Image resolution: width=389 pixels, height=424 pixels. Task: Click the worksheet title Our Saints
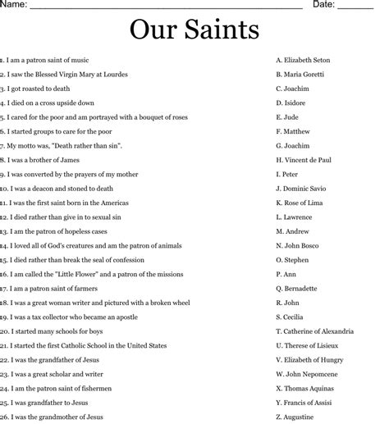[x=194, y=30]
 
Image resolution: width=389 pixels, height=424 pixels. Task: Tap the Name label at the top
[x=16, y=5]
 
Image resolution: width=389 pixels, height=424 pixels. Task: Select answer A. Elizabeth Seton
[x=305, y=60]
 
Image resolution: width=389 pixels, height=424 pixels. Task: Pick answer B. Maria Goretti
[x=300, y=75]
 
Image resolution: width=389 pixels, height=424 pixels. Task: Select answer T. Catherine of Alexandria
[x=315, y=331]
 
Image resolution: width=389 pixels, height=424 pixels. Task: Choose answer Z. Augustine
[x=297, y=417]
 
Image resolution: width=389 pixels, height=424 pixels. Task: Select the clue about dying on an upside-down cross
[x=50, y=103]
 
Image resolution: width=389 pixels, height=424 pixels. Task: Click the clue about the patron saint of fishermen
[x=55, y=389]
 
